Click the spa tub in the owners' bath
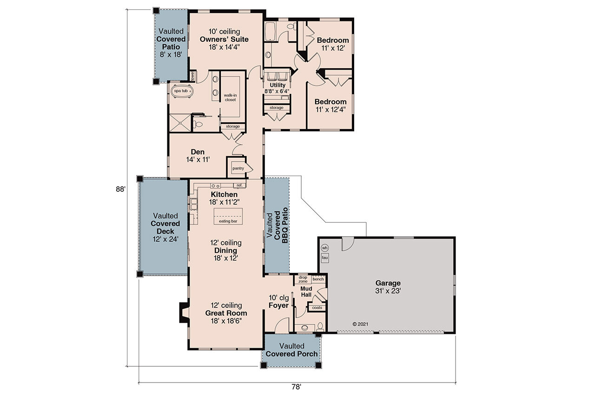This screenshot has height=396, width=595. point(181,91)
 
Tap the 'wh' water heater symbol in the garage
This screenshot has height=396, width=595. point(325,247)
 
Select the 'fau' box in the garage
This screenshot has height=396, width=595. point(325,257)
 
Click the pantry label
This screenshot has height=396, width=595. point(238,168)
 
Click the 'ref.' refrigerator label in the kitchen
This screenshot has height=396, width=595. point(240,185)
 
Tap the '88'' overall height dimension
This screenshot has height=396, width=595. point(121,189)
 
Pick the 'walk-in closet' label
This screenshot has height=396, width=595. point(230,97)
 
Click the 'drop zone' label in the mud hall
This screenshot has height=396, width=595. point(303,279)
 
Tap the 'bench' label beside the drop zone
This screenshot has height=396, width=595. point(318,279)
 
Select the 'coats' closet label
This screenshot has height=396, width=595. point(317,307)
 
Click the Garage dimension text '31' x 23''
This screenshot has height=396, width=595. point(388,291)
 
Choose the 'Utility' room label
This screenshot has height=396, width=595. point(278,85)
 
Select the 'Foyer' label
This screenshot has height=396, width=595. point(279,305)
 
